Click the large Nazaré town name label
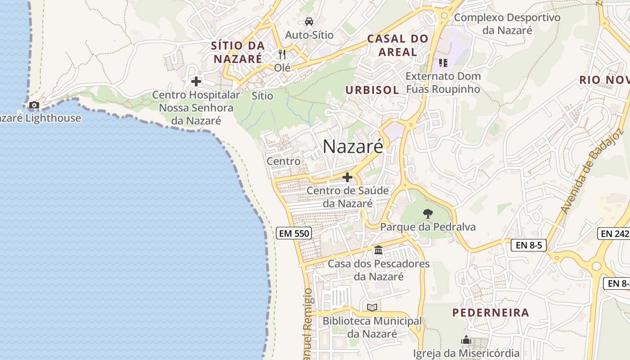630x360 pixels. tap(353, 146)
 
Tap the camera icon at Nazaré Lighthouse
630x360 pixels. tap(34, 105)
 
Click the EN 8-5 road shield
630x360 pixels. tap(529, 245)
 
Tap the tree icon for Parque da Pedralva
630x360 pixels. tap(427, 214)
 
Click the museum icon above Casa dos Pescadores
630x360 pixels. tap(378, 250)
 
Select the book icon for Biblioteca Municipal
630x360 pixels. tap(372, 307)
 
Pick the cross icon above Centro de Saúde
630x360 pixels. tap(347, 177)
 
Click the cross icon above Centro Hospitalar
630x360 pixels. tap(196, 81)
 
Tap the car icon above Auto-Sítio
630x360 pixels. tap(309, 21)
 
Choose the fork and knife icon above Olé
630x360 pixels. tap(282, 54)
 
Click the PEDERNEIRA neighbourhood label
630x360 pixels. tap(490, 313)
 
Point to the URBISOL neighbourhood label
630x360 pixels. tap(372, 90)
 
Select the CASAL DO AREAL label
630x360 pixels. tap(397, 45)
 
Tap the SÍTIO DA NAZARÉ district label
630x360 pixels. tap(238, 52)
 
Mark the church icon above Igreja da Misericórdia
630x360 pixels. tap(466, 340)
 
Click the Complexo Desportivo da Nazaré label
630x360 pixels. tap(507, 24)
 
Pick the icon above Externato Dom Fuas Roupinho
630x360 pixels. tap(443, 63)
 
